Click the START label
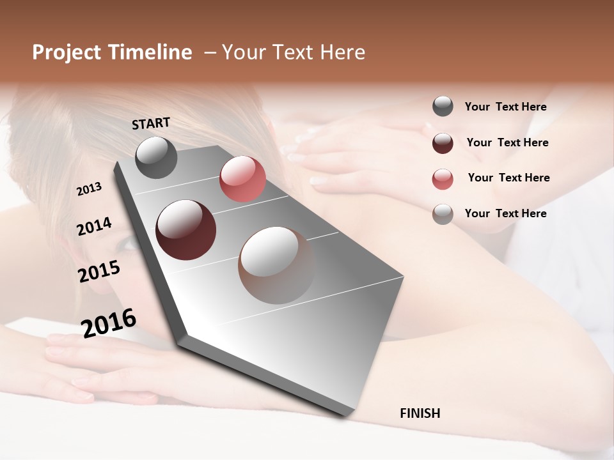point(151,123)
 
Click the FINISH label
point(420,413)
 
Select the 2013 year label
point(90,189)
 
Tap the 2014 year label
point(94,227)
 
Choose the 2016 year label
point(109,323)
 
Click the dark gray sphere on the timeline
point(156,157)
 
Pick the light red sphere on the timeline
point(242,179)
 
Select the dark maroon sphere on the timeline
point(185,229)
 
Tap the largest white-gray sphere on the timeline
point(276,265)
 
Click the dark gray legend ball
point(443,107)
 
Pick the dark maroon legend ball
point(443,143)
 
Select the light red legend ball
point(443,179)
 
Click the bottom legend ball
point(443,214)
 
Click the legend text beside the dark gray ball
point(505,107)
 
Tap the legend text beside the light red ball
point(508,178)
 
